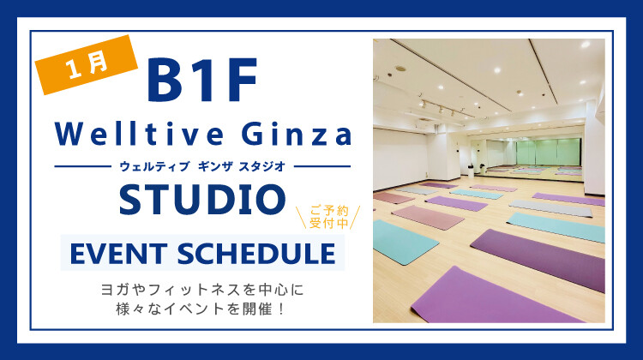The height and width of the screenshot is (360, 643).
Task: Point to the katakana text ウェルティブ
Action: pos(150,165)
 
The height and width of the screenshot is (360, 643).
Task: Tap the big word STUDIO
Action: pos(202,199)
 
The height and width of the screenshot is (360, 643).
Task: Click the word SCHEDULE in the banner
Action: pos(260,254)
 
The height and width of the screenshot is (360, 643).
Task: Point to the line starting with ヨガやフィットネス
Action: pos(202,291)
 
